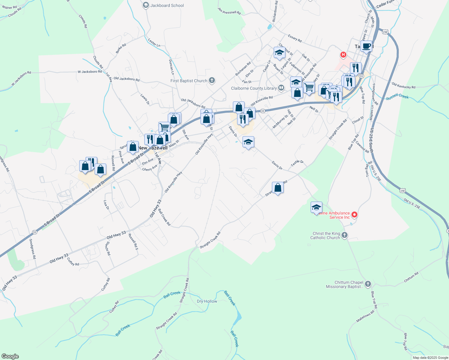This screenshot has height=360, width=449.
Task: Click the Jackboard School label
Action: (x=167, y=5)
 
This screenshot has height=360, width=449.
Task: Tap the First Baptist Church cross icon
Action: (x=212, y=80)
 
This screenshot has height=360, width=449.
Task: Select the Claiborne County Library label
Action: (x=254, y=88)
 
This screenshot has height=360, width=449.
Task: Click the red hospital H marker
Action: (x=343, y=55)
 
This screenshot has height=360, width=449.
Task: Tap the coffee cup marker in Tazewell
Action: (x=366, y=46)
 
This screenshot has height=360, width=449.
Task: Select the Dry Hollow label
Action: (x=207, y=301)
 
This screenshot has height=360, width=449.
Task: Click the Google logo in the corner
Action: (x=10, y=356)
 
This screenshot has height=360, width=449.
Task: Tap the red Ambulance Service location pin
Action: (x=354, y=214)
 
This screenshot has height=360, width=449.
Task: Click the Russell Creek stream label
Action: (x=397, y=97)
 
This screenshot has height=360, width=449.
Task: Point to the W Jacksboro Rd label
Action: (x=89, y=72)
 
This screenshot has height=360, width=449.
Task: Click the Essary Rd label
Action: (x=295, y=38)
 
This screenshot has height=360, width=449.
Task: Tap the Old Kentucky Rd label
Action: (x=403, y=86)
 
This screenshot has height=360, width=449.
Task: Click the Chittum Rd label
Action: (x=411, y=277)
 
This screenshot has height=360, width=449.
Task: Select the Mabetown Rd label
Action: (x=365, y=316)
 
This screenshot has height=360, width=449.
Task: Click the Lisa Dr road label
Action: (x=106, y=205)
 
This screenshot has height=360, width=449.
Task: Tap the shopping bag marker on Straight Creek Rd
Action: (x=278, y=187)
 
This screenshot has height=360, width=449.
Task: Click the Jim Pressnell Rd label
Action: (x=229, y=11)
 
